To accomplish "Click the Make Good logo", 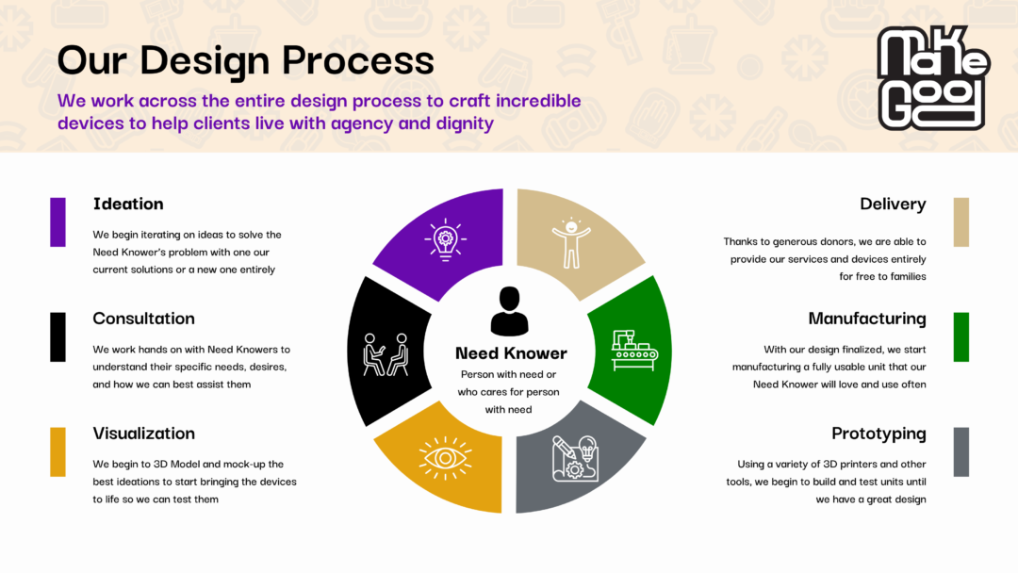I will pyautogui.click(x=930, y=77).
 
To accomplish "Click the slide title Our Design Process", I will pyautogui.click(x=245, y=60).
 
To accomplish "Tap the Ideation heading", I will pyautogui.click(x=128, y=205).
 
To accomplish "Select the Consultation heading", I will pyautogui.click(x=143, y=319).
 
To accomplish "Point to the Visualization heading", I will pyautogui.click(x=143, y=434).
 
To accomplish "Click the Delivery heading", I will pyautogui.click(x=893, y=205).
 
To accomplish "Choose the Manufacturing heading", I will pyautogui.click(x=867, y=319).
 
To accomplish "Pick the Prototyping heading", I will pyautogui.click(x=878, y=434).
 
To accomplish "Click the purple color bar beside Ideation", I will pyautogui.click(x=57, y=222).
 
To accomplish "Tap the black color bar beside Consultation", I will pyautogui.click(x=57, y=336).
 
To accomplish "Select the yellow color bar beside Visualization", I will pyautogui.click(x=57, y=451).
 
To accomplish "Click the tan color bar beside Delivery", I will pyautogui.click(x=961, y=222).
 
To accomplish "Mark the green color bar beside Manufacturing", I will pyautogui.click(x=961, y=336).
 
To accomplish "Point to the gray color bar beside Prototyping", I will pyautogui.click(x=961, y=451).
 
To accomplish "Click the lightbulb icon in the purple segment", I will pyautogui.click(x=445, y=239).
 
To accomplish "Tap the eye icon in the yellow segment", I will pyautogui.click(x=445, y=458).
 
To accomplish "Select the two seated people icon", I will pyautogui.click(x=386, y=353).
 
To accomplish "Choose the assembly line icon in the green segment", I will pyautogui.click(x=634, y=350).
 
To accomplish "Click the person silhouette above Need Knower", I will pyautogui.click(x=510, y=312).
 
